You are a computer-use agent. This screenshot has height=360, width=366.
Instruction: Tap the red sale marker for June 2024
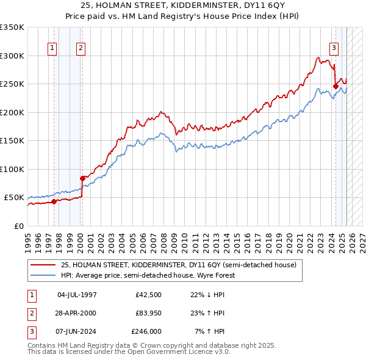coord(335,86)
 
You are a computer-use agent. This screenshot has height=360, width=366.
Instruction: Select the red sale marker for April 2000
coord(83,178)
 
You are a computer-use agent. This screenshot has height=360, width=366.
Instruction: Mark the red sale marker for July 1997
coord(54,201)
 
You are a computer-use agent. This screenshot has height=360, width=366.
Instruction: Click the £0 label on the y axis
coord(18,226)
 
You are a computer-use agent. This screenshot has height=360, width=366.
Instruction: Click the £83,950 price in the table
coord(148,314)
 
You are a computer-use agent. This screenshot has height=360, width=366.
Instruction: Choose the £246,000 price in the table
coord(146,331)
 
